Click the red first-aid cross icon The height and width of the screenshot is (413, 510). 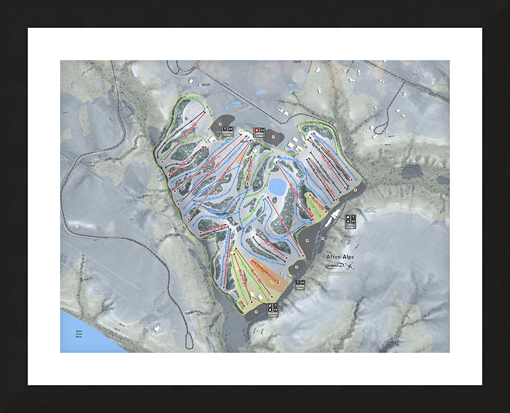[256, 130]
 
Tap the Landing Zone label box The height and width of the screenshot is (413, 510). [300, 285]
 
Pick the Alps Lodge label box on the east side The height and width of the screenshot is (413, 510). [351, 222]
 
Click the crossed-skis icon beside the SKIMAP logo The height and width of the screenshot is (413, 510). [351, 266]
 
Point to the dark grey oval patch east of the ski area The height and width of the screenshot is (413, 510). [411, 170]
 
